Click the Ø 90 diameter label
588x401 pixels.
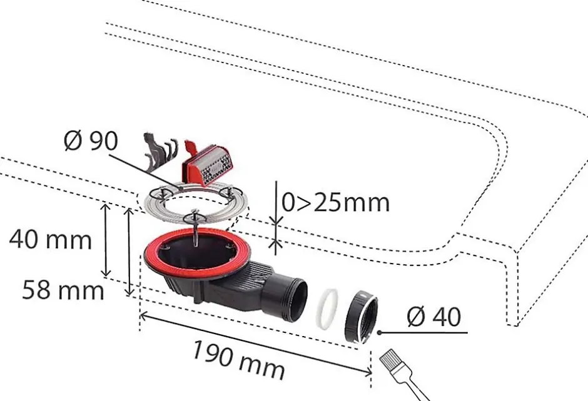91,141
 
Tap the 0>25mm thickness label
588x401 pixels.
335,202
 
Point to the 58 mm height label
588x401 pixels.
63,290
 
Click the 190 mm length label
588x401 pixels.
238,360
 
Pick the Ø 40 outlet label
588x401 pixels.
433,317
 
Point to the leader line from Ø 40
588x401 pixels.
425,332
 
